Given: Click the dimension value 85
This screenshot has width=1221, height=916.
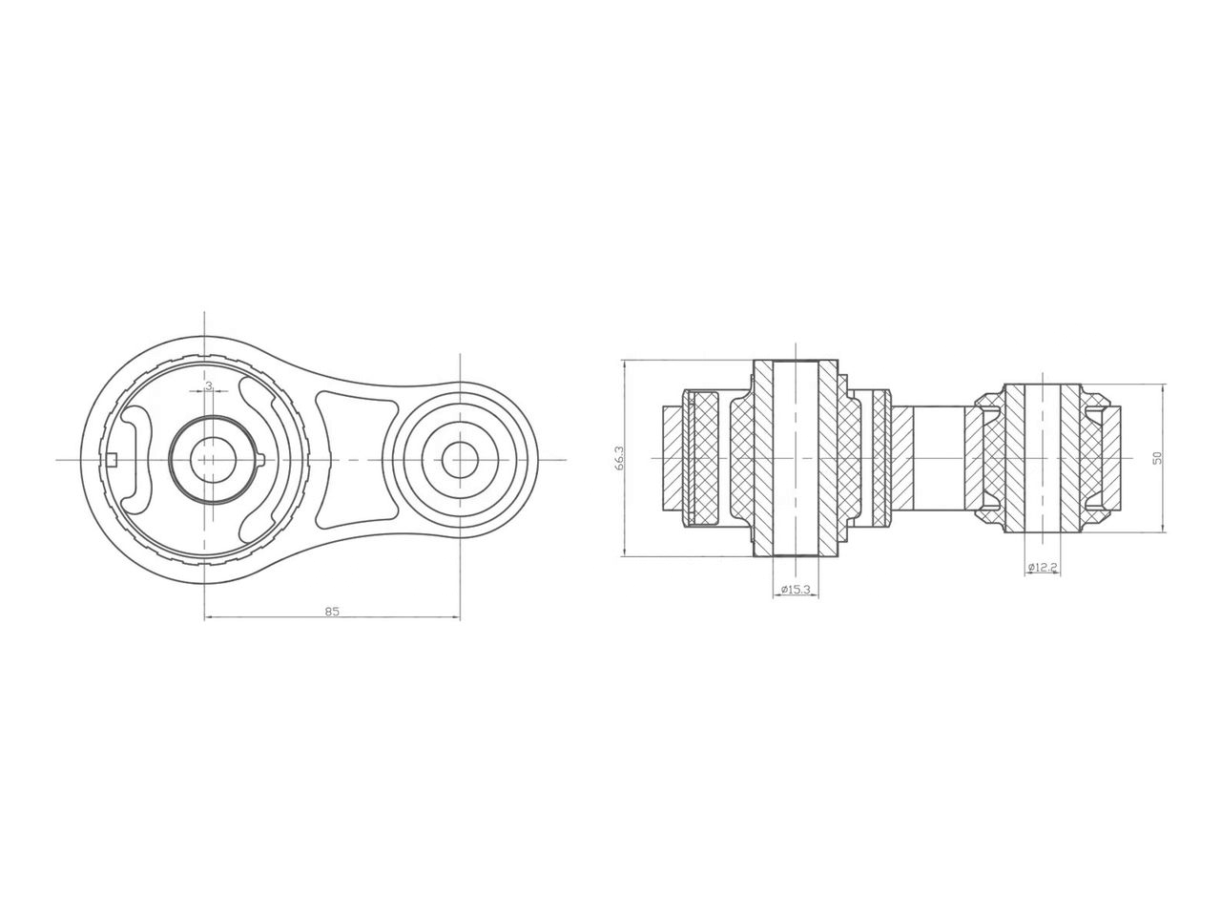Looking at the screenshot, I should click(x=331, y=611).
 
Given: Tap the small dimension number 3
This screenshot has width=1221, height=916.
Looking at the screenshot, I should click(x=209, y=387).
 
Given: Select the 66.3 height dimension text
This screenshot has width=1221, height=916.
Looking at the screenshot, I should click(x=620, y=459).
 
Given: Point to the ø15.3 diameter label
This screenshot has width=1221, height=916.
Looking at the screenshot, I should click(x=795, y=590).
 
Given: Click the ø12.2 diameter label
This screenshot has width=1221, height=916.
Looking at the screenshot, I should click(x=1042, y=568).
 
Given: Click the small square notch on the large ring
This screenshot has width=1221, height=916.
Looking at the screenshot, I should click(x=111, y=460).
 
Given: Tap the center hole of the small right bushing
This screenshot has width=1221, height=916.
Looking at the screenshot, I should click(x=459, y=460).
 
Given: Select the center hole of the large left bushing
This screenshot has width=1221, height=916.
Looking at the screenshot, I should click(x=204, y=460).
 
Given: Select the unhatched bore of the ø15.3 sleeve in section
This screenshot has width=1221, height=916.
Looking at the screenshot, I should click(x=795, y=459).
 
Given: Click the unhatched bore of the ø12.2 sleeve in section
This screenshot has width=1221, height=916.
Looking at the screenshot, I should click(x=1042, y=459).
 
